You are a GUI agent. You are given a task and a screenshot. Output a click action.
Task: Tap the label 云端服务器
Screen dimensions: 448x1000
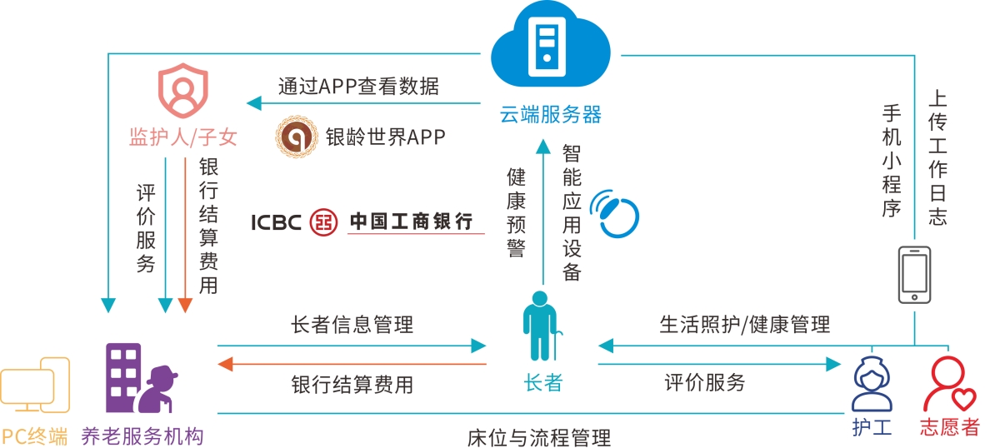[x=550, y=114]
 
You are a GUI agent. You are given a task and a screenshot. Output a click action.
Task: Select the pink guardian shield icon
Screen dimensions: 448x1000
[x=182, y=93]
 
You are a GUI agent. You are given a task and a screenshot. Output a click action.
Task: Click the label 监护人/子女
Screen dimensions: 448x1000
[x=183, y=137]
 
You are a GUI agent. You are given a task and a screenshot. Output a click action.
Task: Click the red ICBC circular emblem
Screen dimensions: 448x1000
[x=324, y=222]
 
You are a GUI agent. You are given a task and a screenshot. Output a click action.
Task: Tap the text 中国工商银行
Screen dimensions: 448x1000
[x=411, y=221]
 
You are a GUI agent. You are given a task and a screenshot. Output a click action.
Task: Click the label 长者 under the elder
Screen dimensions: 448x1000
[x=543, y=383]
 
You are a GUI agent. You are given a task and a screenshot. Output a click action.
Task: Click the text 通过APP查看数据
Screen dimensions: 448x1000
[x=358, y=86]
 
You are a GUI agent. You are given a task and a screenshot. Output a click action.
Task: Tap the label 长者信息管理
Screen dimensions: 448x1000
[x=352, y=324]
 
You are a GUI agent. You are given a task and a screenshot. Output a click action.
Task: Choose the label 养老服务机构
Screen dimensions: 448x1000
[x=142, y=436]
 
